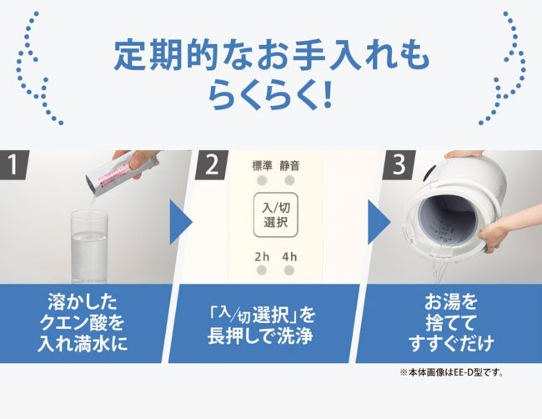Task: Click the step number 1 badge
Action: [x=13, y=164]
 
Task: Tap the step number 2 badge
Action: [x=211, y=164]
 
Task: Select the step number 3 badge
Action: [x=399, y=164]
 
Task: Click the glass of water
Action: [x=89, y=246]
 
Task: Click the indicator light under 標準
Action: [x=262, y=180]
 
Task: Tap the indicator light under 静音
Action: [x=289, y=180]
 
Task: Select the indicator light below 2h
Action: [x=262, y=270]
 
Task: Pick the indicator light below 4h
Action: [x=289, y=270]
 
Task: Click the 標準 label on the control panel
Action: [x=262, y=166]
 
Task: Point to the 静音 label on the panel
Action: [x=289, y=166]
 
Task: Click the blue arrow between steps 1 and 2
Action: [x=181, y=222]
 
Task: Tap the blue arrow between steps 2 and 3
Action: [x=379, y=222]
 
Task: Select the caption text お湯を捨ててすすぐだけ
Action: [x=451, y=322]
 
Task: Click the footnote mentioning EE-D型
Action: [x=451, y=372]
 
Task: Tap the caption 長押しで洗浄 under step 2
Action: [x=260, y=336]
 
